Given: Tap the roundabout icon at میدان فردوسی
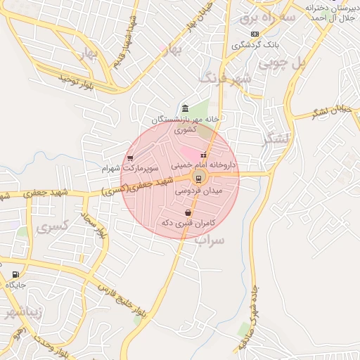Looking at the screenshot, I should [x=199, y=177].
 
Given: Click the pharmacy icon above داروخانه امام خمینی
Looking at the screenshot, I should [x=204, y=155].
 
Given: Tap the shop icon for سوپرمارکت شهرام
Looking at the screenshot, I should [x=130, y=158].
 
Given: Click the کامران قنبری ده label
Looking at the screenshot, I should [x=188, y=223].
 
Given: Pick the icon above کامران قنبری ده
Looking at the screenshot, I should [x=188, y=212].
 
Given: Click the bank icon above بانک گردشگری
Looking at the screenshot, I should [x=254, y=34].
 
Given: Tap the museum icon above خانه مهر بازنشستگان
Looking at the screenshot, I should [x=184, y=108].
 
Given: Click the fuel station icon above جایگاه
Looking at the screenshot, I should [x=15, y=275].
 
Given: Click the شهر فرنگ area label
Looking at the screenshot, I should [x=225, y=77].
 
